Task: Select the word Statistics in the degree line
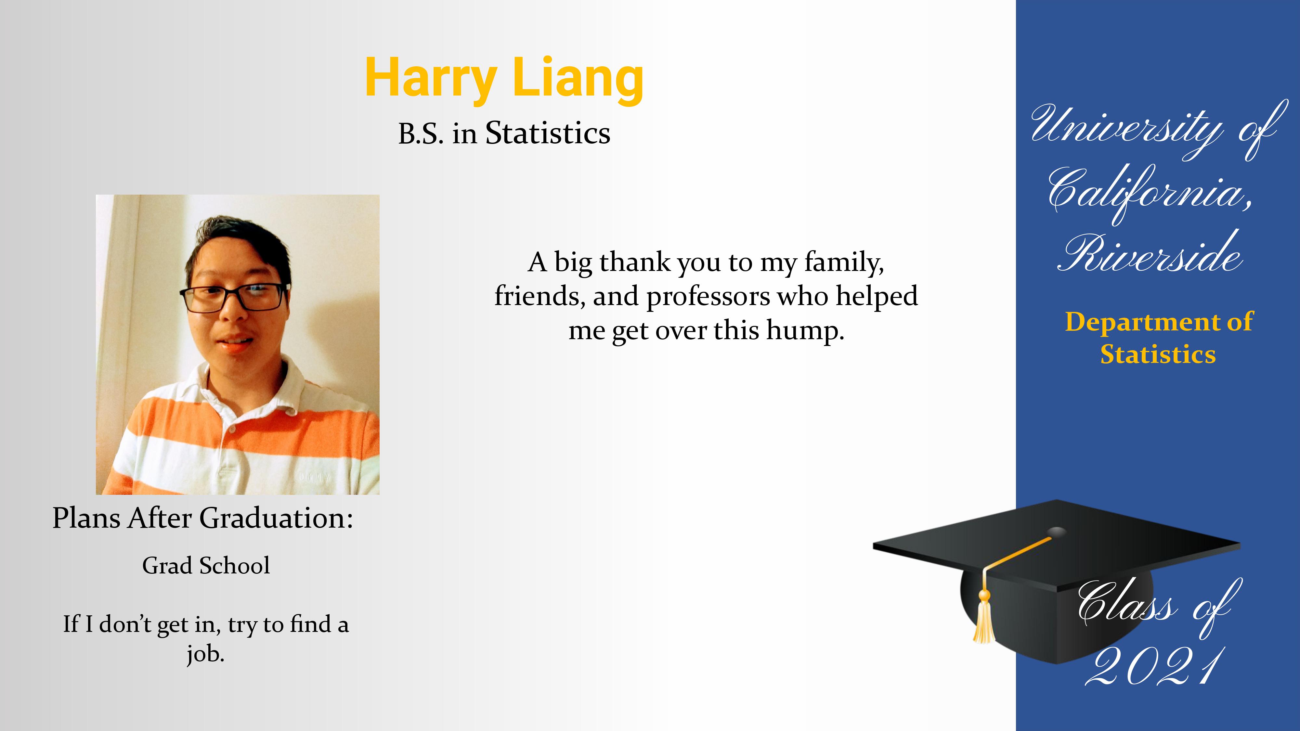548,133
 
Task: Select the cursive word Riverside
1150,252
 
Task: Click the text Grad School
206,566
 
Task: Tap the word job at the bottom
205,655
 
